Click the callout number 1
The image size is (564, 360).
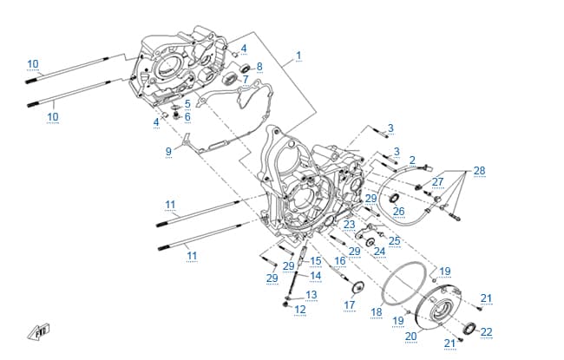[x=298, y=56]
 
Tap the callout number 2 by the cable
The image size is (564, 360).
[x=412, y=160]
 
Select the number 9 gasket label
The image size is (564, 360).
[x=168, y=152]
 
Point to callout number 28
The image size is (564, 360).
[x=479, y=171]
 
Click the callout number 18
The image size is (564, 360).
[x=377, y=311]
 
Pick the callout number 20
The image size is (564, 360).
[x=410, y=337]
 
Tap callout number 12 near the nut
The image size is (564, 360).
[x=300, y=310]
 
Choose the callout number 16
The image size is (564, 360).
[x=340, y=261]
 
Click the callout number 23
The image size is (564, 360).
[x=349, y=225]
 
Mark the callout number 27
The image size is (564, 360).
[x=437, y=182]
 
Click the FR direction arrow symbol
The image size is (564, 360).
[x=39, y=332]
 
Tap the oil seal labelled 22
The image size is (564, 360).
[x=469, y=328]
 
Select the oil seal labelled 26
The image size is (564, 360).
[x=395, y=198]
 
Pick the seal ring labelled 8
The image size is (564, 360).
[x=246, y=68]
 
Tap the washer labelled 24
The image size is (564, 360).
[x=370, y=242]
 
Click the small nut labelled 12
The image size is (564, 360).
[x=285, y=304]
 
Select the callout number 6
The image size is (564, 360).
[x=187, y=117]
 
